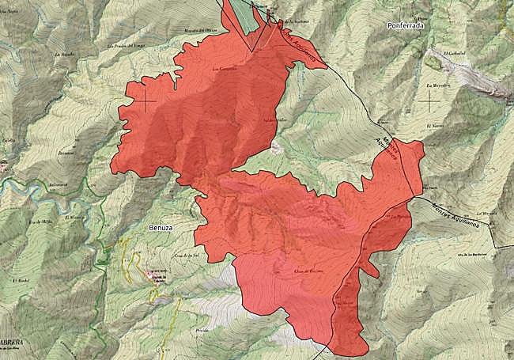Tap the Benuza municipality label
pyautogui.click(x=161, y=227)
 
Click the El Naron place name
pyautogui.click(x=433, y=126)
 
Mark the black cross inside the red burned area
pyautogui.click(x=146, y=101)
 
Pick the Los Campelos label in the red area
pyautogui.click(x=225, y=68)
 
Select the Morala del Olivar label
pyautogui.click(x=201, y=31)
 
